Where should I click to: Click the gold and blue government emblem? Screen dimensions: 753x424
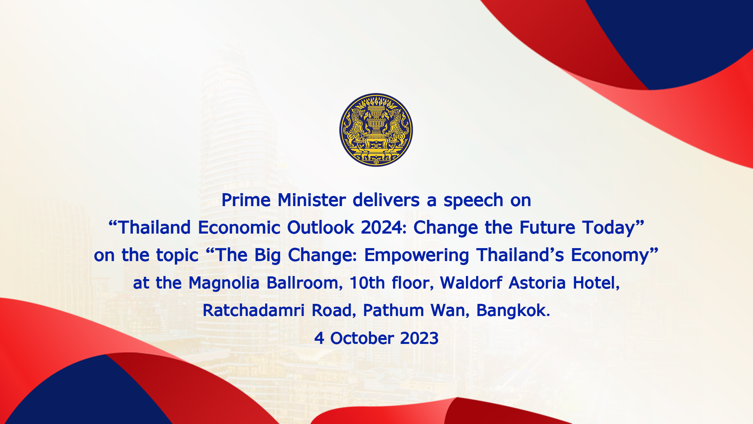(376, 130)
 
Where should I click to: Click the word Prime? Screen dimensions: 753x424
(246, 200)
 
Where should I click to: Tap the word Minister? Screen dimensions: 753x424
(312, 200)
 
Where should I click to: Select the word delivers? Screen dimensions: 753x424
(386, 200)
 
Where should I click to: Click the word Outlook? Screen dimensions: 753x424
(321, 228)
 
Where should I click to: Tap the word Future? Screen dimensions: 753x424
(547, 228)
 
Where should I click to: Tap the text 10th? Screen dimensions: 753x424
(367, 283)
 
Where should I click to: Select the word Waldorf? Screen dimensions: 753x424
(471, 283)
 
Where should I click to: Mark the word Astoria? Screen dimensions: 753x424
(537, 283)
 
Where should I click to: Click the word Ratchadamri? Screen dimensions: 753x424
(253, 311)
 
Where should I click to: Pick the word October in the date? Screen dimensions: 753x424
(362, 338)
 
